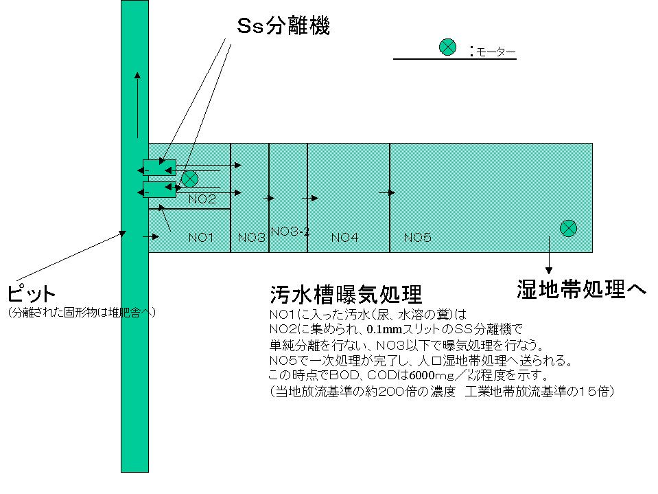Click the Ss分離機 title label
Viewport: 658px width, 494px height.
click(x=283, y=26)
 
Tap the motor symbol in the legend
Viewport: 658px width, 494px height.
click(x=447, y=47)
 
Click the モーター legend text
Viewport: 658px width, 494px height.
click(x=492, y=51)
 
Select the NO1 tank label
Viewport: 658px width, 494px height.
click(x=201, y=238)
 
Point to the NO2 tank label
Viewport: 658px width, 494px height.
click(x=202, y=199)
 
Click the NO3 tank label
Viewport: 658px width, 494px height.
click(x=251, y=238)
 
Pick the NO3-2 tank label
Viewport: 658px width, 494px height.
click(x=290, y=232)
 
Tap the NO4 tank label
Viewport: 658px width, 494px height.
click(x=344, y=238)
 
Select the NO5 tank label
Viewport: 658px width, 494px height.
click(x=417, y=238)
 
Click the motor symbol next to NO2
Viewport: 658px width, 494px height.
click(x=189, y=179)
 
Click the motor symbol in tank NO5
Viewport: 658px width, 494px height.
click(x=568, y=228)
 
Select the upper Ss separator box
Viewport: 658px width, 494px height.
click(x=159, y=167)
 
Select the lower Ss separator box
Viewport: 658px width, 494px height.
click(x=159, y=188)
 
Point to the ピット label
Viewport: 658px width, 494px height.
click(x=30, y=294)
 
